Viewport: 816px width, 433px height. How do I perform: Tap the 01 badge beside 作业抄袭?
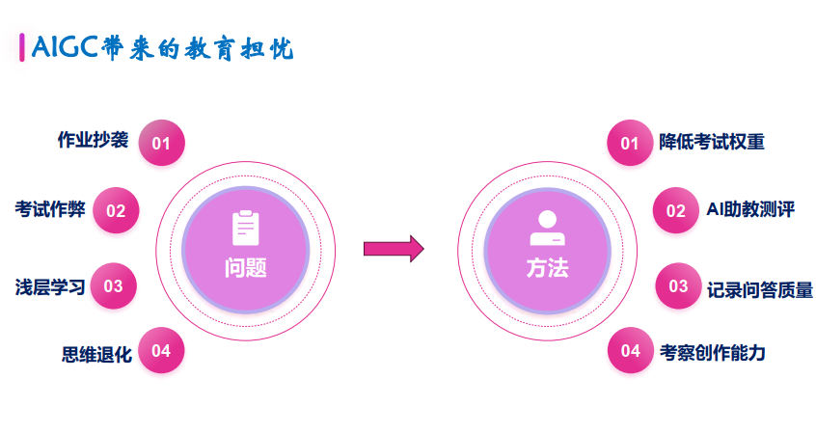point(161,144)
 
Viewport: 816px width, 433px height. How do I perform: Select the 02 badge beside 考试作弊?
point(116,210)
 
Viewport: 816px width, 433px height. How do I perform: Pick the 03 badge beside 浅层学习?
point(114,286)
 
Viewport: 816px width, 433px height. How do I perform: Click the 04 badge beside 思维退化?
point(161,351)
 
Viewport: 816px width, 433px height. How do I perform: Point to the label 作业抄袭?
point(93,140)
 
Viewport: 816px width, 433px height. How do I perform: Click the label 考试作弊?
point(49,208)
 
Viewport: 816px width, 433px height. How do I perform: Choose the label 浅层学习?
point(49,286)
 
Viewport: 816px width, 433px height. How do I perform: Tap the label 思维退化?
point(95,354)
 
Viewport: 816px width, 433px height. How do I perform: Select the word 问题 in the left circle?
point(246,268)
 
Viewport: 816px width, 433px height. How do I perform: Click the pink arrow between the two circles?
point(394,248)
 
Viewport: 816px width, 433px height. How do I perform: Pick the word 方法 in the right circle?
point(547,268)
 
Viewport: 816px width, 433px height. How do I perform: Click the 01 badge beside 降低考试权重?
point(630,144)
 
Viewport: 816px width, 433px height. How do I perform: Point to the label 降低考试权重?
point(712,142)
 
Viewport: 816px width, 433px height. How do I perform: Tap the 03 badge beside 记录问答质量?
point(678,286)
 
